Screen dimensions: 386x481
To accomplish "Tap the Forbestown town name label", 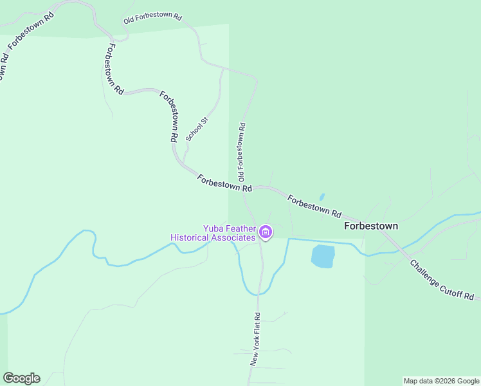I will pyautogui.click(x=371, y=226).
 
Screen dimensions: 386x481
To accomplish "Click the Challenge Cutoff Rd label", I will pyautogui.click(x=442, y=280).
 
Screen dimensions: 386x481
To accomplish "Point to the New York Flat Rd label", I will pyautogui.click(x=255, y=340).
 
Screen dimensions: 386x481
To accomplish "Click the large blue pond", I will pyautogui.click(x=323, y=256).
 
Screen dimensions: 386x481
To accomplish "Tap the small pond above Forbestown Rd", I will pyautogui.click(x=322, y=197).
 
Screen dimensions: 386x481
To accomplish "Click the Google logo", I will pyautogui.click(x=21, y=378).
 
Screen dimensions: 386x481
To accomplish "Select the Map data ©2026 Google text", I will pyautogui.click(x=441, y=381).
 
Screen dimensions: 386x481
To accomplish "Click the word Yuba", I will pyautogui.click(x=215, y=228).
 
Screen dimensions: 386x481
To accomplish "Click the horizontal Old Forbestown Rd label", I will pyautogui.click(x=153, y=18).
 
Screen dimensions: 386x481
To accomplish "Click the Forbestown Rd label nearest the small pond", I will pyautogui.click(x=314, y=206).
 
